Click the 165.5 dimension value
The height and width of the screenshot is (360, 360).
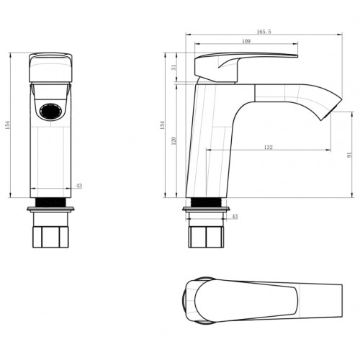264,32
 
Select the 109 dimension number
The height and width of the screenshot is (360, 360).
246,41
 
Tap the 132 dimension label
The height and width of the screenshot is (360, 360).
269,147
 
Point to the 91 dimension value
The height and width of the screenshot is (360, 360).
349,155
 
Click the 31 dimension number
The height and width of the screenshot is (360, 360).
174,67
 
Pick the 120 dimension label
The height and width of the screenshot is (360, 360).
174,140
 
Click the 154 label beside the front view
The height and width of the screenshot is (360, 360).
8,125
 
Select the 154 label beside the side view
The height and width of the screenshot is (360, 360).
163,125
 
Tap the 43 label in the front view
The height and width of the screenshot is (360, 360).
78,186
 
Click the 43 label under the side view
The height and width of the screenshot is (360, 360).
235,216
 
